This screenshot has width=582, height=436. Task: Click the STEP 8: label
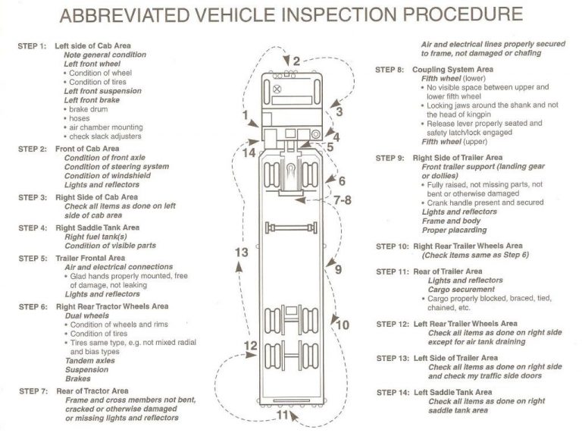coord(391,69)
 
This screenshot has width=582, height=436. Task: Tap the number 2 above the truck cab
coord(296,61)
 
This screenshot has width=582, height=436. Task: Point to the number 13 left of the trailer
coord(242,252)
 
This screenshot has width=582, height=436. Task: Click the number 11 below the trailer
coord(282,415)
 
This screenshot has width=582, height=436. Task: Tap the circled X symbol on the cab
coord(278,88)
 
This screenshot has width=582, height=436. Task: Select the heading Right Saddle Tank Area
coord(102,227)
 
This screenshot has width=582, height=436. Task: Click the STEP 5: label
coord(33,259)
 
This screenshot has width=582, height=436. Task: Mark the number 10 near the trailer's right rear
coord(342,325)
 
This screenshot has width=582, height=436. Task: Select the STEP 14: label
coord(394,392)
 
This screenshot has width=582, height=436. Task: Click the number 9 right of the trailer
coord(338,269)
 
